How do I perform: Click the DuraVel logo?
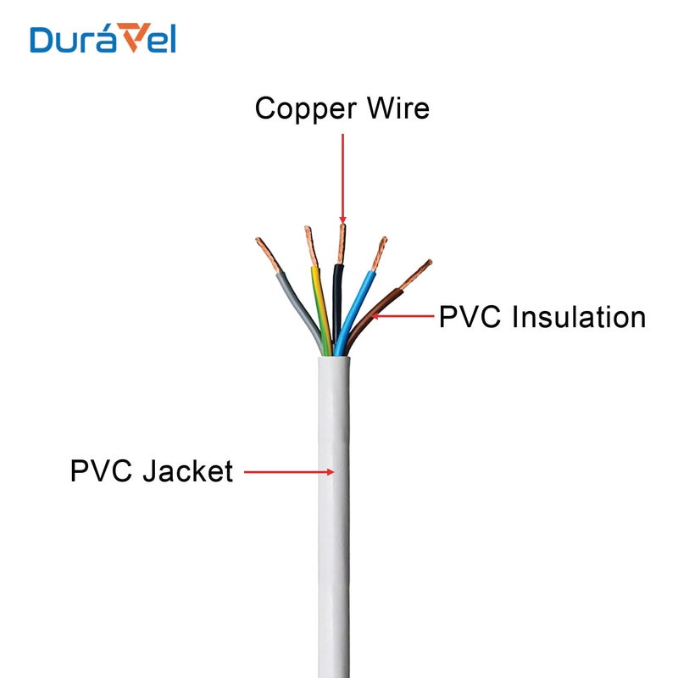tap(103, 38)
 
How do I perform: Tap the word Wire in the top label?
tap(397, 108)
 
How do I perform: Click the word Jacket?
tap(187, 470)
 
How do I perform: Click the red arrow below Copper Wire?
tap(342, 178)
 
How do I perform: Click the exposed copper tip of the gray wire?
tap(266, 253)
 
